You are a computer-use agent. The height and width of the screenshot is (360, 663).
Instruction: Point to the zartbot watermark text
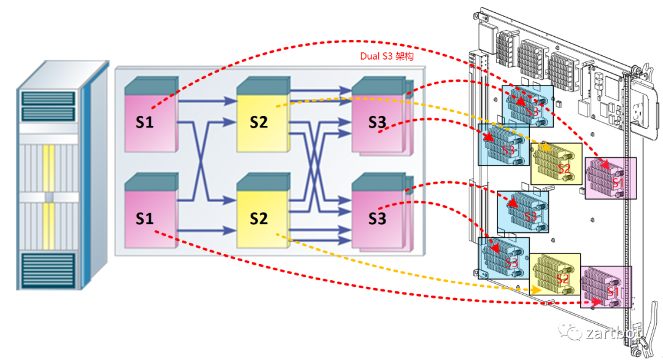pos(611,333)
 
